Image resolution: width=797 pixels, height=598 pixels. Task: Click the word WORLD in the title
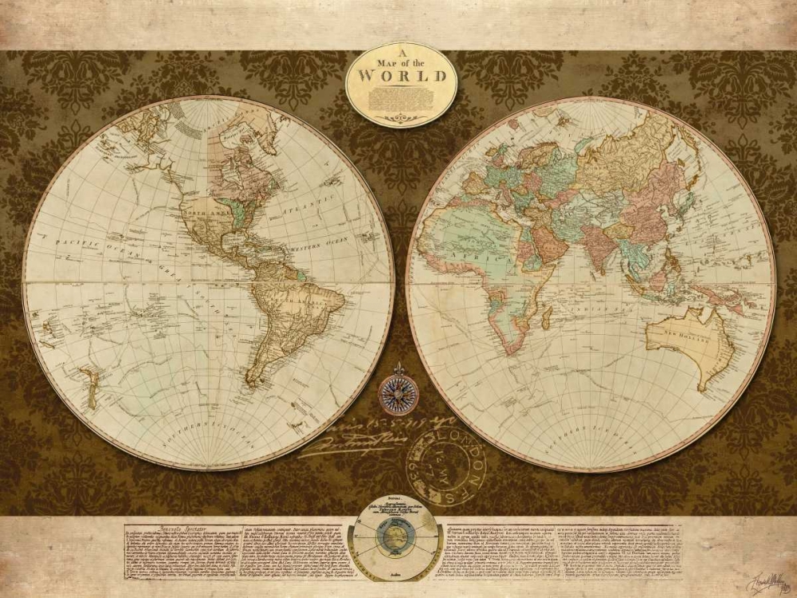(402, 77)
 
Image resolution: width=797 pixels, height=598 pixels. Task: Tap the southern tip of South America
(253, 384)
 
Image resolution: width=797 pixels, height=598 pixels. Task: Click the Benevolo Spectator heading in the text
(167, 527)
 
